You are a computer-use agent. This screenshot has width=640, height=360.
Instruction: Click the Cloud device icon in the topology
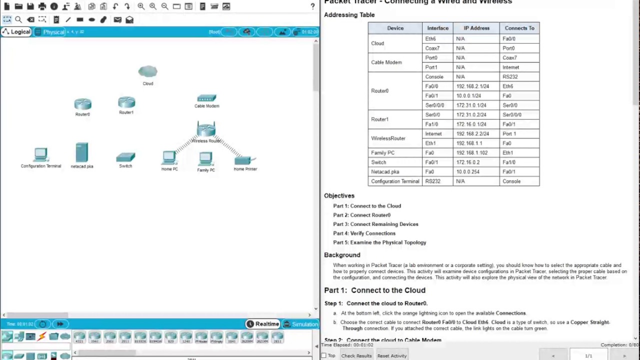(147, 72)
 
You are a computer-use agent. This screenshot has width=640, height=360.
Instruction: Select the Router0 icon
(82, 104)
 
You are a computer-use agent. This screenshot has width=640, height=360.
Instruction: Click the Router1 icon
(126, 102)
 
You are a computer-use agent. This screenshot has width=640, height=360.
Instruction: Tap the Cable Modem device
(206, 98)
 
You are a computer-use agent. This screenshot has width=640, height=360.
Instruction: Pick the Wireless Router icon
(206, 129)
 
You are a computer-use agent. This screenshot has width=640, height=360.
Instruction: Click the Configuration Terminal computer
(40, 155)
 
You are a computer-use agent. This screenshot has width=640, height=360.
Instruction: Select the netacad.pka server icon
(81, 153)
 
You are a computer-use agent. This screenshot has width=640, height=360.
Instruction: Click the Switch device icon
(125, 157)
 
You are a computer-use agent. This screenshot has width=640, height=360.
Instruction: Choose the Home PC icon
(169, 158)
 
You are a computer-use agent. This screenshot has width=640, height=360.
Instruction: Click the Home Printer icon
(244, 160)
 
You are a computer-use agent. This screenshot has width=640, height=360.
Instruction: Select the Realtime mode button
(263, 324)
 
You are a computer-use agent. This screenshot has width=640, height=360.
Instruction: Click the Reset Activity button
(392, 356)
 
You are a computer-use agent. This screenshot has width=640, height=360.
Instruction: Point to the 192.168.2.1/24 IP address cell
(472, 86)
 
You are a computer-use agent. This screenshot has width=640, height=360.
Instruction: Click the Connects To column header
(519, 28)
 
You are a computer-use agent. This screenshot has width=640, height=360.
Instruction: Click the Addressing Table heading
(349, 15)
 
